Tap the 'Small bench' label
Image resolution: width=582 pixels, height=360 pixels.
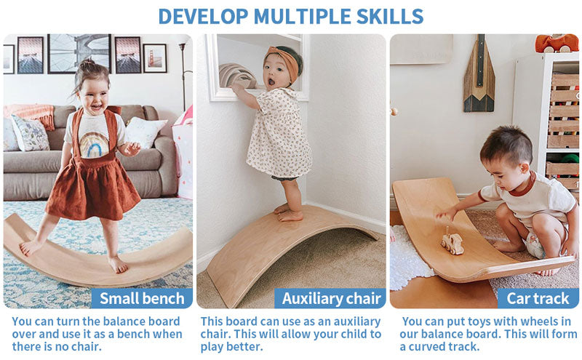tap(142, 298)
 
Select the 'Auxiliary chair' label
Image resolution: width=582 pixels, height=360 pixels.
tap(331, 298)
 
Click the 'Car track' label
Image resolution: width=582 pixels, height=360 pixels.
tap(538, 298)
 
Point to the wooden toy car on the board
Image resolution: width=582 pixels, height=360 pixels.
tap(452, 241)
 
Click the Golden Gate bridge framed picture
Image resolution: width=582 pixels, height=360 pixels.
tap(155, 58)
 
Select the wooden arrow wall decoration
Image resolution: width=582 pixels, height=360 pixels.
tap(479, 74)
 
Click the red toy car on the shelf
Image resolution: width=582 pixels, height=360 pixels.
tap(557, 43)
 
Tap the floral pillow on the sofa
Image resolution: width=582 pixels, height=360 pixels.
tap(30, 134)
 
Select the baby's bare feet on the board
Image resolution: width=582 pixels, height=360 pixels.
tap(288, 213)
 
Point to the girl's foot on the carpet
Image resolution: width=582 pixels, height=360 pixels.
tap(118, 265)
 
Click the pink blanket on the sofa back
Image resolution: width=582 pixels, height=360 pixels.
tap(31, 114)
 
